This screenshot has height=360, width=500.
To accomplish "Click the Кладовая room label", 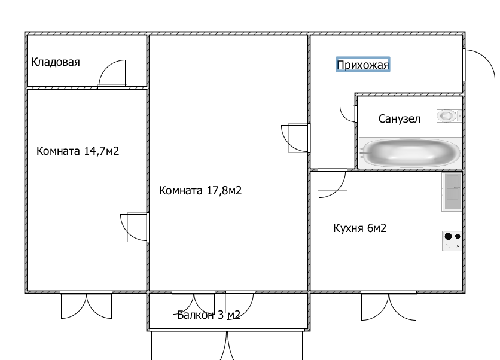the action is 56,62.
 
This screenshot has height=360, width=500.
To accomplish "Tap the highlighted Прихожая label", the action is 363,65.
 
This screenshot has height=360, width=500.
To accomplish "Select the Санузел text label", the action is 400,118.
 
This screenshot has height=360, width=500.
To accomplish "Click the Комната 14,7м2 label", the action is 78,151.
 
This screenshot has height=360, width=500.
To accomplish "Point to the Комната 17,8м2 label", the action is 200,190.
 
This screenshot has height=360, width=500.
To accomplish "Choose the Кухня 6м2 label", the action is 359,228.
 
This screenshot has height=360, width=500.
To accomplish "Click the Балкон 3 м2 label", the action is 209,315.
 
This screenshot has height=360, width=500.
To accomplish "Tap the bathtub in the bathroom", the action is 410,153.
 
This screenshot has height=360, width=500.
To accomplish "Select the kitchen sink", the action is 452,192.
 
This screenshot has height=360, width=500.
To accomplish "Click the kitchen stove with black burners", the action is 452,241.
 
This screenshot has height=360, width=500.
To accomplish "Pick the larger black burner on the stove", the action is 448,236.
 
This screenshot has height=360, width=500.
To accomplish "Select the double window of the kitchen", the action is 388,306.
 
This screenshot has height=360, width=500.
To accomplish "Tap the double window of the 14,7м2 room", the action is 86,304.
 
